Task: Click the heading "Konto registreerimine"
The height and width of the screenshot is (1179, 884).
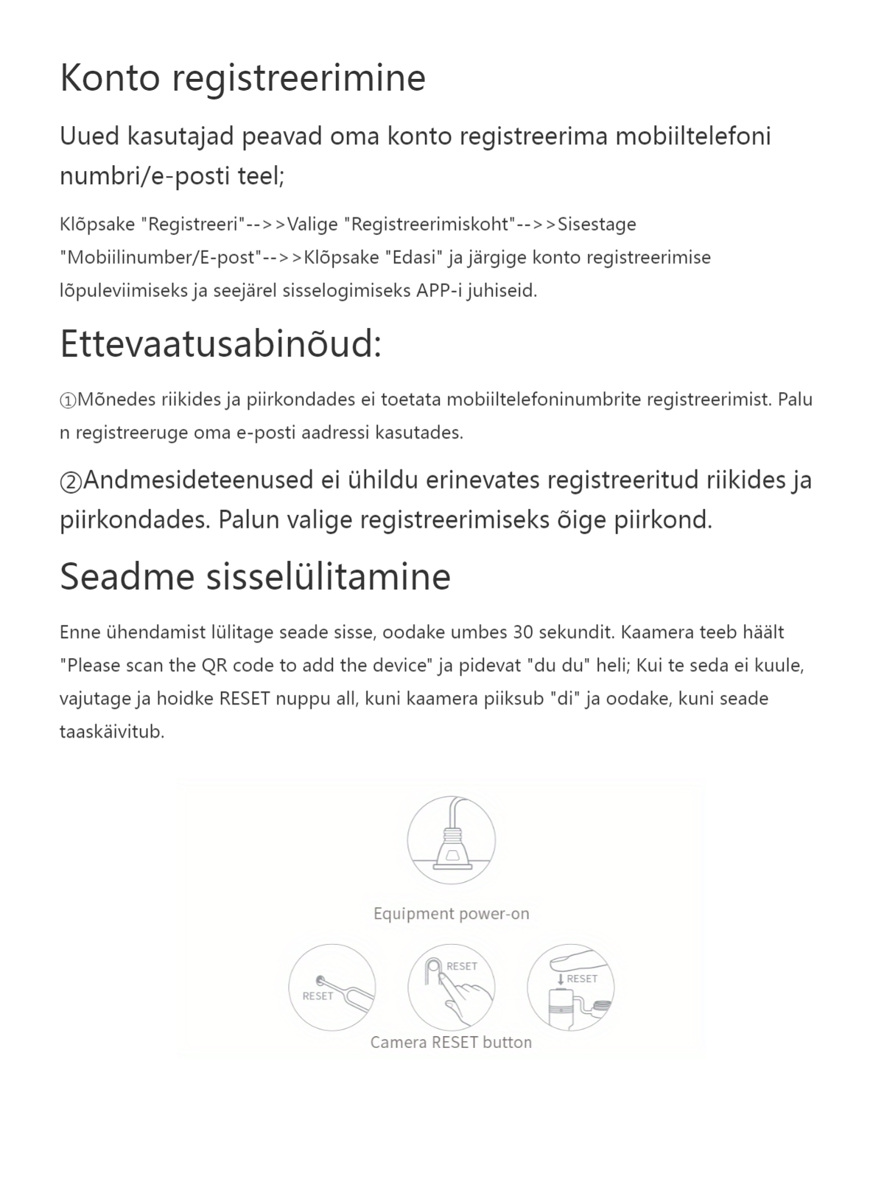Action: click(x=242, y=78)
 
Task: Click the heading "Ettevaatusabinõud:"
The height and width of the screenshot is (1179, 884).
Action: click(x=220, y=344)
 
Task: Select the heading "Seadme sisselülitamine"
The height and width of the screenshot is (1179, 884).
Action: click(x=255, y=576)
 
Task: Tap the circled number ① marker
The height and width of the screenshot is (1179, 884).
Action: click(x=68, y=401)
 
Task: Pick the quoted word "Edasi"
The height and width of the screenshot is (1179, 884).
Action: click(x=413, y=257)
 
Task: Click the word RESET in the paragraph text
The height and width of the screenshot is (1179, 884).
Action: click(x=245, y=699)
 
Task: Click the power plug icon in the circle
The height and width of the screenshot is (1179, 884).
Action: click(x=451, y=840)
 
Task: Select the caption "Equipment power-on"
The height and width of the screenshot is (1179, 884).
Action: click(x=451, y=914)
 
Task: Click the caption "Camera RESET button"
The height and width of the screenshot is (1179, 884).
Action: click(x=451, y=1042)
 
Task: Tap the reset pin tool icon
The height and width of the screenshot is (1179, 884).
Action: click(x=332, y=987)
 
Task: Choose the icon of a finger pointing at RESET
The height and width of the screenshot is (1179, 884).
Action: click(x=451, y=987)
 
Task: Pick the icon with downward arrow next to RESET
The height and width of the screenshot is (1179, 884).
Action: click(x=570, y=987)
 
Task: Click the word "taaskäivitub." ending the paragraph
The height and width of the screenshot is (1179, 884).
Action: click(x=111, y=732)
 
